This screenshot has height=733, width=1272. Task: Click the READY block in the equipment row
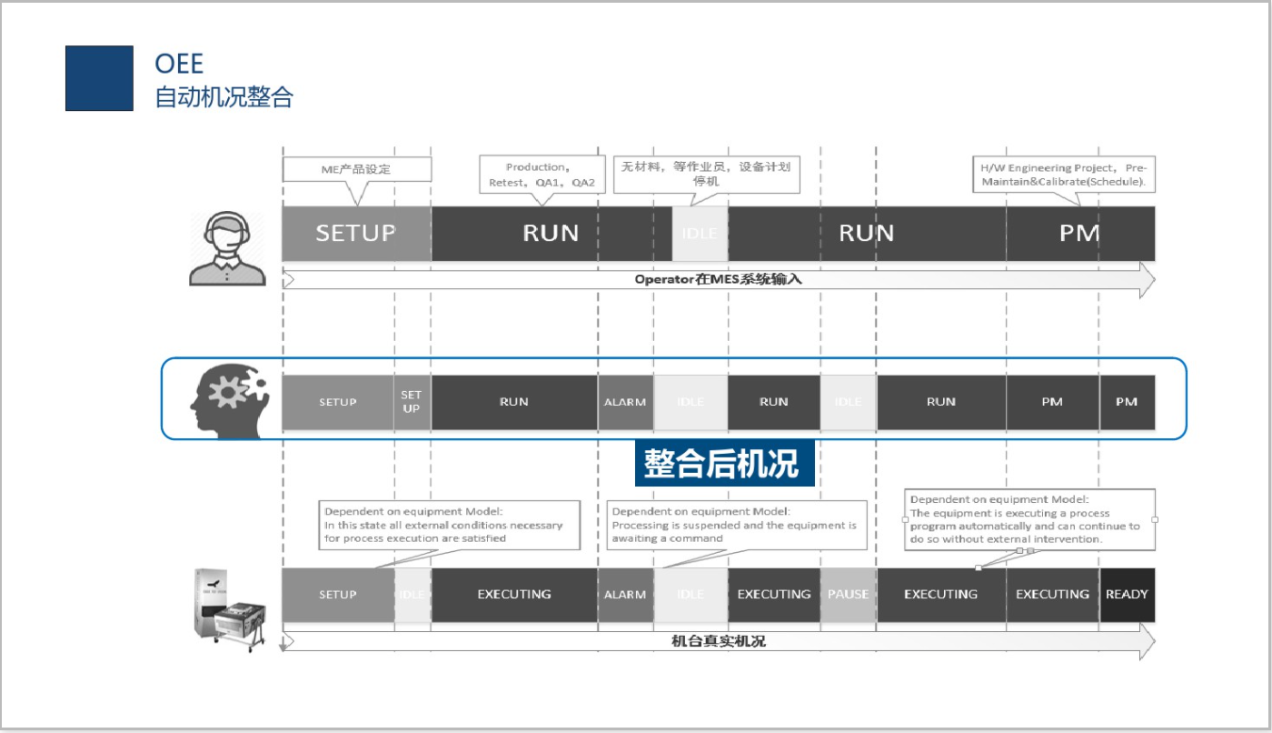[1127, 595]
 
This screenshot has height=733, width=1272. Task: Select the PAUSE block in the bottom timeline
[848, 595]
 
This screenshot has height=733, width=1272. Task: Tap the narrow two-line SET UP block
[412, 402]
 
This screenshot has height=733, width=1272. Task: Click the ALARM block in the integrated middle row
[625, 402]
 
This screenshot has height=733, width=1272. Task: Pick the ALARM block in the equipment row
[625, 595]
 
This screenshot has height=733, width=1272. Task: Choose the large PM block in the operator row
[1079, 234]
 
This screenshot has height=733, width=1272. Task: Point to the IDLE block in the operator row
[699, 234]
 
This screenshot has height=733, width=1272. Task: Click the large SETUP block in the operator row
[355, 234]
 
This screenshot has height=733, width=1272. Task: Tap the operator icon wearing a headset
[226, 248]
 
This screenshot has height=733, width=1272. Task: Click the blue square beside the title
[99, 78]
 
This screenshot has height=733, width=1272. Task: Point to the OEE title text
[179, 63]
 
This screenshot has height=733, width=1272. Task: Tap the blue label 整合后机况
[723, 464]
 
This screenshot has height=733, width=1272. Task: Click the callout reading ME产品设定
[343, 170]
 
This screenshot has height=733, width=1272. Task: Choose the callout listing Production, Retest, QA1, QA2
[542, 175]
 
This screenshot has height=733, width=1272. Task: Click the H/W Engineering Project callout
[1063, 175]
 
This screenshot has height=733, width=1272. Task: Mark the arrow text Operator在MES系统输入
[718, 279]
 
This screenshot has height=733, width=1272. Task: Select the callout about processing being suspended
[735, 525]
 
